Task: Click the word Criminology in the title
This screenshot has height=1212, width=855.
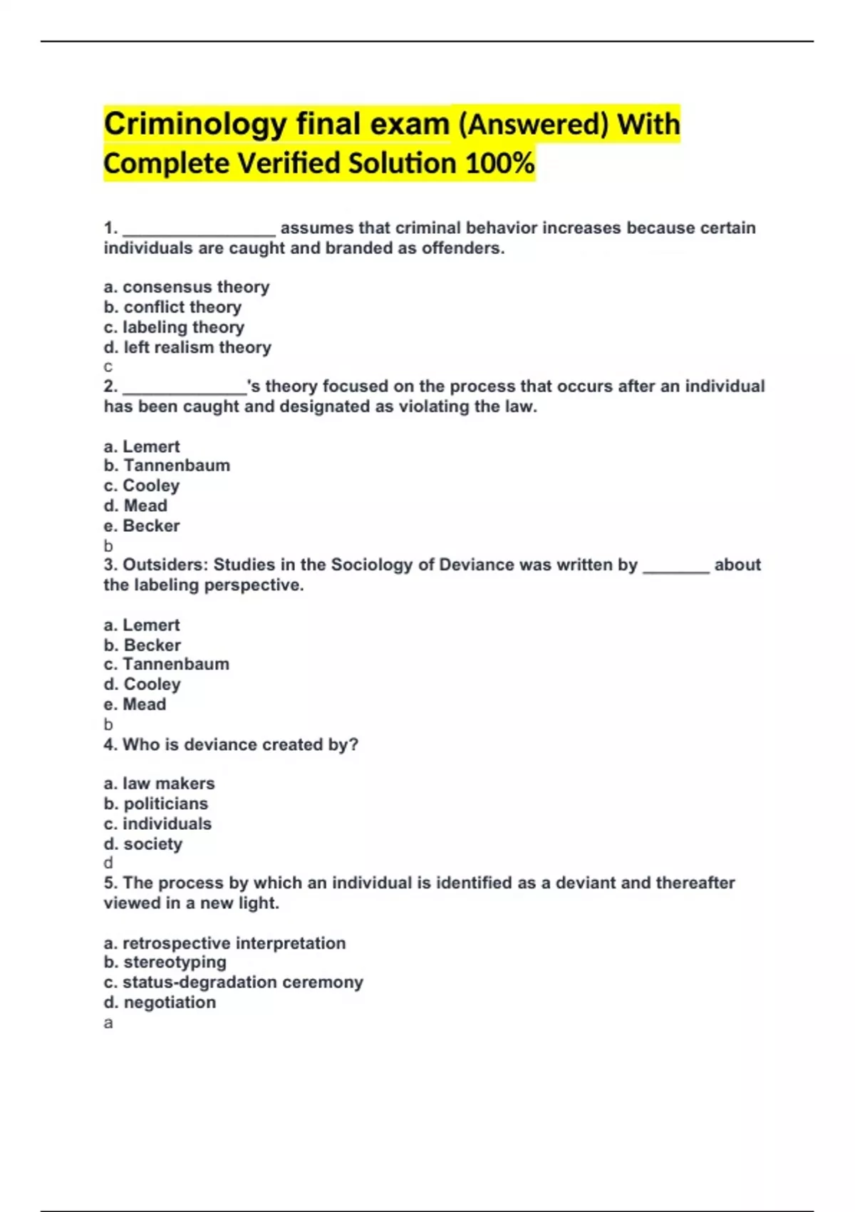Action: pos(195,125)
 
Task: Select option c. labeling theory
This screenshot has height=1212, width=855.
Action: pos(174,327)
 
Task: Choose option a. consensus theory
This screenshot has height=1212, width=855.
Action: pos(187,287)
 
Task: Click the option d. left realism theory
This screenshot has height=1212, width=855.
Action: pos(187,347)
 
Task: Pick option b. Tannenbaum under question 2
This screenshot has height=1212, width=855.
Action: pos(167,466)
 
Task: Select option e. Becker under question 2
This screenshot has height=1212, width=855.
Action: pos(142,525)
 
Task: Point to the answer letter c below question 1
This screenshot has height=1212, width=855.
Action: pos(108,367)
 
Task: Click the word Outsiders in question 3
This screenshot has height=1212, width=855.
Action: pos(165,565)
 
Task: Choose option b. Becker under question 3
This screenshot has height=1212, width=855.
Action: pos(142,645)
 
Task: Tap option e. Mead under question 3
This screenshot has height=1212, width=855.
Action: pos(135,704)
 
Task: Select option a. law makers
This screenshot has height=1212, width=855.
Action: pos(159,784)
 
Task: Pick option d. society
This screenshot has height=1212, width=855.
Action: pos(143,844)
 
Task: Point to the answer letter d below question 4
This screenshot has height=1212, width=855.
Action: pos(108,863)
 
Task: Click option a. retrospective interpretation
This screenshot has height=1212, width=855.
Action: pos(224,943)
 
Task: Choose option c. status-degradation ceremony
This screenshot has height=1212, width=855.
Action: pos(233,982)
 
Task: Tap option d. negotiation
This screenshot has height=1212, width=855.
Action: pos(160,1002)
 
